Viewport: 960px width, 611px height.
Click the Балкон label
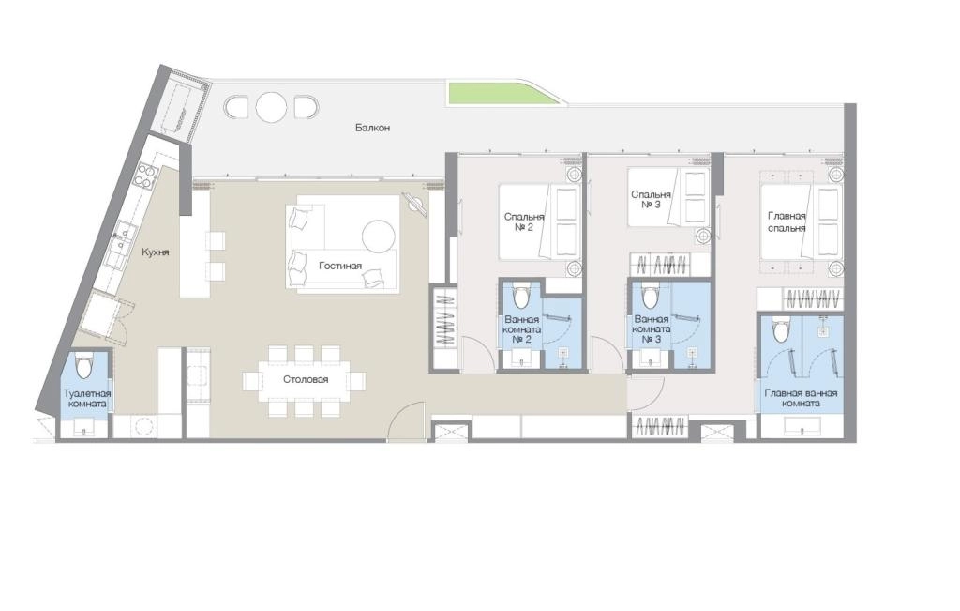tap(372, 128)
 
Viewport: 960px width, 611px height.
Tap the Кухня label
tap(155, 252)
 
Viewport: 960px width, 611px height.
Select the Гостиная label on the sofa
tap(339, 266)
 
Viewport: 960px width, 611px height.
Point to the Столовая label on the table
tap(306, 379)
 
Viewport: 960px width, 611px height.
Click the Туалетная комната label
tap(87, 398)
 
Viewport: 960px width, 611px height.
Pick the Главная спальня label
tap(787, 221)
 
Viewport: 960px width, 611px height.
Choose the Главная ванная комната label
tap(801, 398)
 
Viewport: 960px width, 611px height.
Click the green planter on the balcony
tap(502, 93)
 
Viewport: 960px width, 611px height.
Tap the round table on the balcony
tap(271, 107)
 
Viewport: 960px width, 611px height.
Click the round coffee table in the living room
tap(379, 236)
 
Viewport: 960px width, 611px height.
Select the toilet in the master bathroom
tap(781, 329)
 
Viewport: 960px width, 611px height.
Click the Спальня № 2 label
tap(523, 221)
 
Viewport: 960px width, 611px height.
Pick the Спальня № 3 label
tap(651, 200)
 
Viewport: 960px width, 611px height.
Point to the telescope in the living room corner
tap(415, 205)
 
